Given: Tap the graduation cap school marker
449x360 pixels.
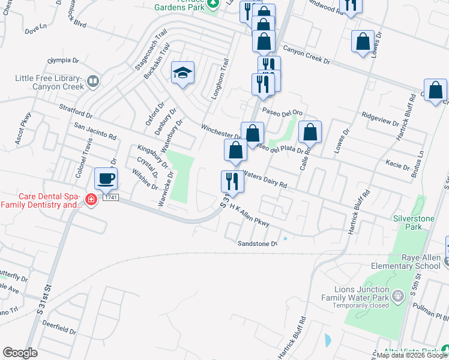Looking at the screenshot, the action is tap(182, 74).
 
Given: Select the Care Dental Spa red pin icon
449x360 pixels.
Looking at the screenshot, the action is tap(91, 200).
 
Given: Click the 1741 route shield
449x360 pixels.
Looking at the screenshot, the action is tap(109, 197).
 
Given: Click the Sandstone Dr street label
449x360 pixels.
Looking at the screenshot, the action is tap(258, 243).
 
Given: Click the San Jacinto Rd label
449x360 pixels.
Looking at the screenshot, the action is tap(94, 131).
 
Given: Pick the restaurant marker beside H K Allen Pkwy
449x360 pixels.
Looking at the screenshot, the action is tap(232, 181).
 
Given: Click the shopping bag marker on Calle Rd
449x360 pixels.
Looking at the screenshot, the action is tap(310, 133).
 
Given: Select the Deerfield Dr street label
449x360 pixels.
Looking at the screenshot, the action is tap(59, 326).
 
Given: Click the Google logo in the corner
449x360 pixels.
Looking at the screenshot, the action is tap(20, 353).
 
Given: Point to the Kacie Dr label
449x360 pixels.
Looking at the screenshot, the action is tap(398, 163).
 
